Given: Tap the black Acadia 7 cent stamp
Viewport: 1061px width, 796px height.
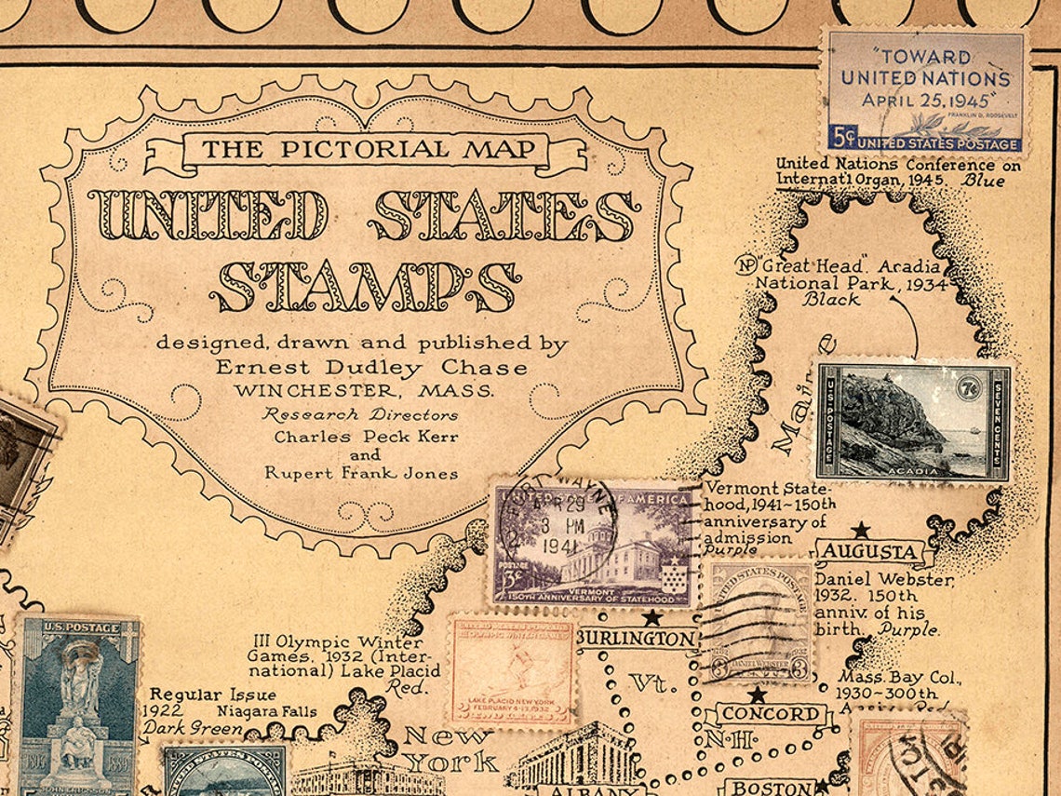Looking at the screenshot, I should pyautogui.click(x=913, y=422).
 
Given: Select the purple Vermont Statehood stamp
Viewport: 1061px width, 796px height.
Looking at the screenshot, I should pyautogui.click(x=595, y=546).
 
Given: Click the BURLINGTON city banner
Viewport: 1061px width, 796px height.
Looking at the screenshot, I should pyautogui.click(x=638, y=640).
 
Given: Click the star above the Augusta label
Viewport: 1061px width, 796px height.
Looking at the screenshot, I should pyautogui.click(x=861, y=530).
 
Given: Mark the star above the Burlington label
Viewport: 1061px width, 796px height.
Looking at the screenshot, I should pyautogui.click(x=652, y=616).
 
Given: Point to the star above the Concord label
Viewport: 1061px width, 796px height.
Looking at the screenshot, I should pyautogui.click(x=758, y=694).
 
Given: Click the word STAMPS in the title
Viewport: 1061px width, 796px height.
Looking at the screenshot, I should pyautogui.click(x=365, y=286).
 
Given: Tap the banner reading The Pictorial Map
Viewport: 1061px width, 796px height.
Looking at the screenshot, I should pyautogui.click(x=369, y=149).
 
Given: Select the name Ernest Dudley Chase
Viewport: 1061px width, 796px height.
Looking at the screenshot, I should pyautogui.click(x=371, y=368).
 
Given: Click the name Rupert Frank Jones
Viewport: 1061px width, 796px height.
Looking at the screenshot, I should pyautogui.click(x=361, y=473).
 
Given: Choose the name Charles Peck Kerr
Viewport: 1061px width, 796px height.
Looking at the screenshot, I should pyautogui.click(x=366, y=437).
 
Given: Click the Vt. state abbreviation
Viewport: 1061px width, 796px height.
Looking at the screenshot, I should pyautogui.click(x=651, y=683).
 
